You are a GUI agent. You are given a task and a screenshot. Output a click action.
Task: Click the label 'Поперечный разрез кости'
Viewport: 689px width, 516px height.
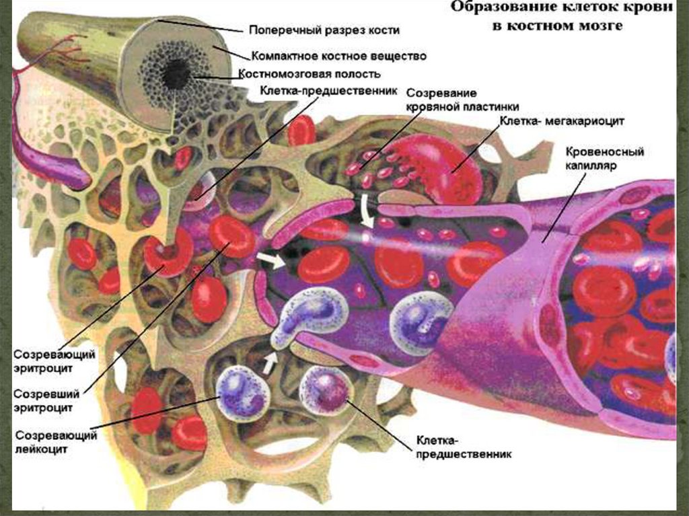click(x=324, y=30)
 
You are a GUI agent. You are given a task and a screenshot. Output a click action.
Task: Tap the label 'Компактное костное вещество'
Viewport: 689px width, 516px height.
click(x=338, y=55)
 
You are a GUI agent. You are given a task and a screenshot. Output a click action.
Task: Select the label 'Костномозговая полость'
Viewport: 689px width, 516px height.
click(x=310, y=74)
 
